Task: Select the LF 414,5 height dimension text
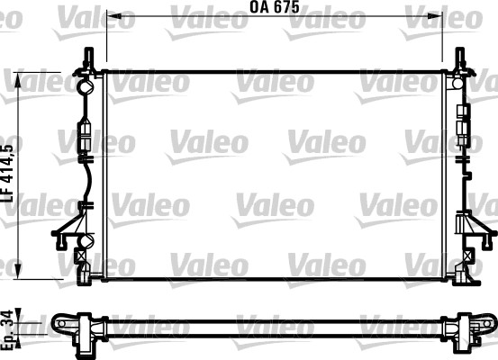8,172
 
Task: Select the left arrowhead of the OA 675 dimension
111,16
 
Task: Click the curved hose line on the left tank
84,180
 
